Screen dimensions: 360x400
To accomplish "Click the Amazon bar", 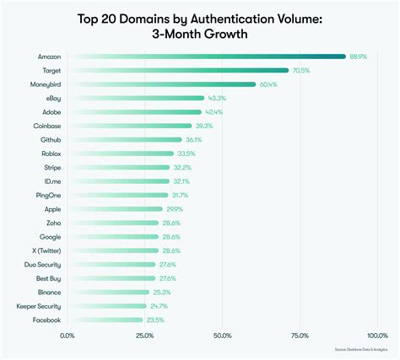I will point(207,56).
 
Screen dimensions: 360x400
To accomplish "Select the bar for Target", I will point(178,71).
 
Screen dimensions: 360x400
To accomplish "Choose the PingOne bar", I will point(118,195).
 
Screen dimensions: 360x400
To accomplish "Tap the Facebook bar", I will point(105,320).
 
